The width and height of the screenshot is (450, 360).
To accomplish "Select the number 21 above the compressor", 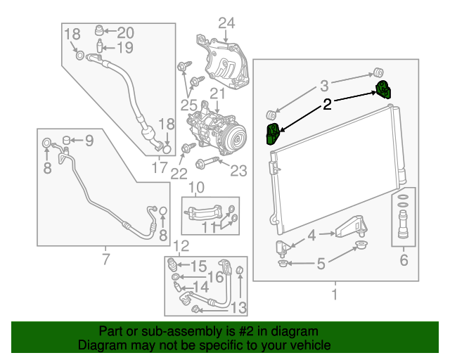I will click(x=216, y=94).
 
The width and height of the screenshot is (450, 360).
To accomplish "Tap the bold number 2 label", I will click(x=327, y=105).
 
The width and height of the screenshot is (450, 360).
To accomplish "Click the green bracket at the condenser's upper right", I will click(x=384, y=91).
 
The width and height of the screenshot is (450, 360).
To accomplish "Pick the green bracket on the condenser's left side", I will click(x=271, y=134).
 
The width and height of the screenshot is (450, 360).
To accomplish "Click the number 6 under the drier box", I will click(x=403, y=260).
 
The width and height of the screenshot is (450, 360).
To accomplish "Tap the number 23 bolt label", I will click(x=239, y=169).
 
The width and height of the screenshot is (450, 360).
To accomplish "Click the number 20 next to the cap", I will click(x=124, y=32).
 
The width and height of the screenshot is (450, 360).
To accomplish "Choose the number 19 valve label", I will click(x=124, y=48).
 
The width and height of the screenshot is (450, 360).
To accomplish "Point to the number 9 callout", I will click(x=89, y=141).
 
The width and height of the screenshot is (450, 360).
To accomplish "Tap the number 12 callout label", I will click(x=181, y=246).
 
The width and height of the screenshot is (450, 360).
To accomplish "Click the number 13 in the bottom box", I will click(x=238, y=307).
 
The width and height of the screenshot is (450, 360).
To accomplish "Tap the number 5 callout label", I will click(x=321, y=264).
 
